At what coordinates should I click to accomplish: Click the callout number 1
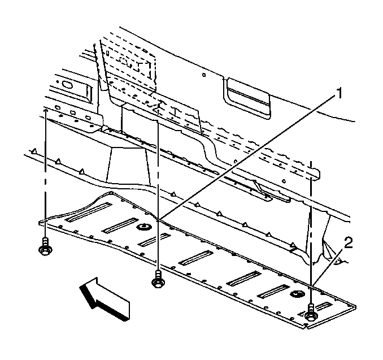pos(339,93)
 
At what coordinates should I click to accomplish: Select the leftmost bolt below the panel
pos(45,246)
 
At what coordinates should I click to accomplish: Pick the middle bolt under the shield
pos(158,279)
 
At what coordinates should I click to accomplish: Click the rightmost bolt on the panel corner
pos(311,313)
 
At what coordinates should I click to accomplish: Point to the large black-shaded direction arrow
pos(105,298)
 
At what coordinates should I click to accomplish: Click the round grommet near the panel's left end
pos(143,228)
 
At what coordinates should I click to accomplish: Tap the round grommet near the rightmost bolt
pos(297,294)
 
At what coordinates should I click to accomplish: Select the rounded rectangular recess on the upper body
pos(247,98)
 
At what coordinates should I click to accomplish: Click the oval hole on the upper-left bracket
pos(66,85)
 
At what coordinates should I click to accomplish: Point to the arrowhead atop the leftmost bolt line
pos(45,111)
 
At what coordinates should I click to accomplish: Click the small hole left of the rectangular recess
pos(204,75)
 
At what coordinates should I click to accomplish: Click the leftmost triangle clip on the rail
pos(34,152)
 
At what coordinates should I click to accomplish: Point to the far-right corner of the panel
pos(355,306)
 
